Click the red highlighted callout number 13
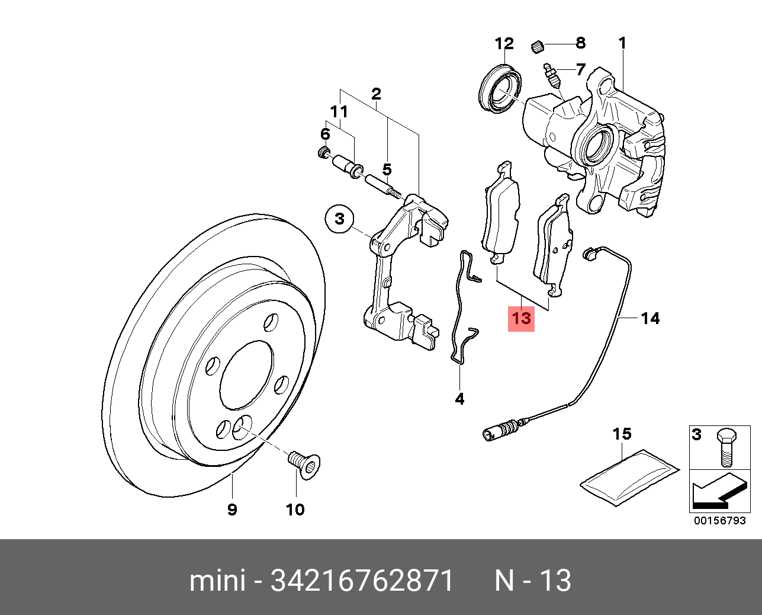[x=522, y=319]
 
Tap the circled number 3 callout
[x=339, y=219]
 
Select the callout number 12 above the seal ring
[x=504, y=43]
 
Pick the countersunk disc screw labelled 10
[x=304, y=464]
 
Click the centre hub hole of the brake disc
[x=247, y=374]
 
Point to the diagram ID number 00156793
[x=720, y=521]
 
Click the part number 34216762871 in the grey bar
[x=362, y=581]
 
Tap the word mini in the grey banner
[x=217, y=581]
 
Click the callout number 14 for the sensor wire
[x=650, y=319]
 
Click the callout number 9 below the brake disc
[x=232, y=509]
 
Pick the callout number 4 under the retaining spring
[x=459, y=399]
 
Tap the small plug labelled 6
[x=323, y=152]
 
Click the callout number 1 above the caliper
[x=622, y=43]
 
